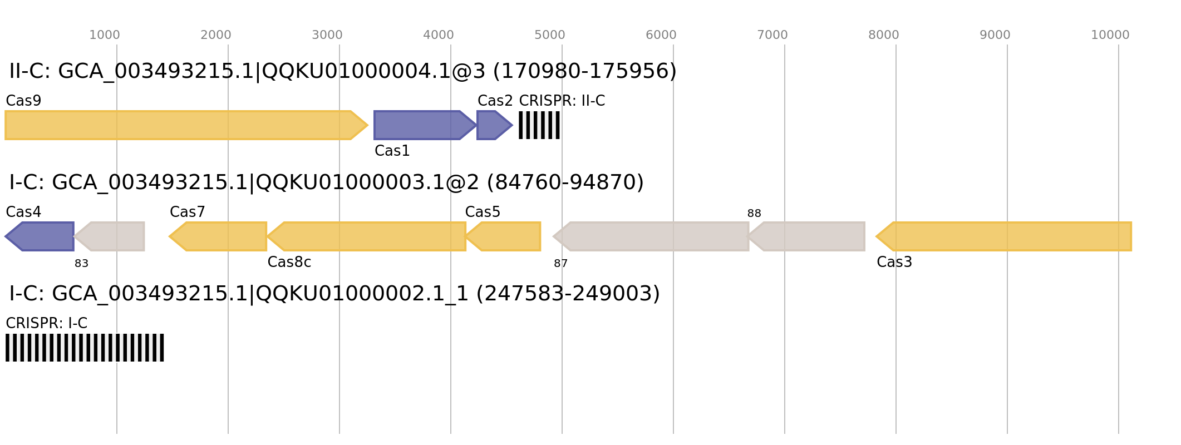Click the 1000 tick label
[105, 35]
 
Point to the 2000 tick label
[216, 35]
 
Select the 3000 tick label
[327, 35]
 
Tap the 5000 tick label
[550, 35]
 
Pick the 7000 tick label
[772, 35]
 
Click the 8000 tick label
[884, 35]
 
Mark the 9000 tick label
[995, 35]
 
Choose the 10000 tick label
[1110, 35]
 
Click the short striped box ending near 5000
[539, 125]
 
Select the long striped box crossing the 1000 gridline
[85, 348]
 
